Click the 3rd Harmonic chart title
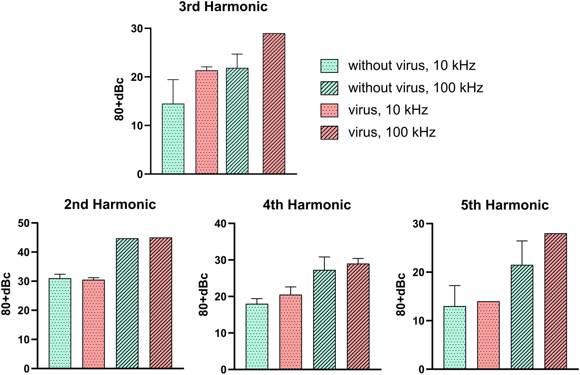[x=223, y=7]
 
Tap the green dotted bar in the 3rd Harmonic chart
[x=173, y=139]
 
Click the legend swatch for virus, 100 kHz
[x=329, y=132]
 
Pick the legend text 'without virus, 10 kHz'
[x=412, y=66]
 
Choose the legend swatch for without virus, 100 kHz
[x=329, y=88]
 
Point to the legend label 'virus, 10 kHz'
[x=388, y=110]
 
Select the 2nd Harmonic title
[x=110, y=205]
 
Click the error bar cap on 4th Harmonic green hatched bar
[x=324, y=257]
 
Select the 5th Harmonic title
[x=505, y=205]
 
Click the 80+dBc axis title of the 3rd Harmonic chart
[x=119, y=99]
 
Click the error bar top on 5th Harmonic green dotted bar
[x=454, y=286]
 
